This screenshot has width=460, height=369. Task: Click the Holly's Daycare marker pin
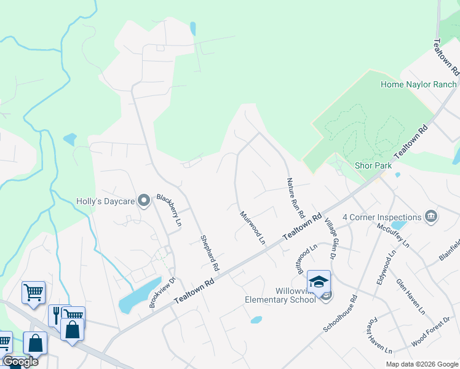coord(145,201)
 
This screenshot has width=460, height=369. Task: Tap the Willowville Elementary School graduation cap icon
coord(319,282)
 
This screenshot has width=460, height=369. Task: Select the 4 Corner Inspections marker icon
coord(431,216)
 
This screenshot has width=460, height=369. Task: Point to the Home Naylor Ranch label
coord(418,84)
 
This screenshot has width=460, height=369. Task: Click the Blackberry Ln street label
coord(169,211)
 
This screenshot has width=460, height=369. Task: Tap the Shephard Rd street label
coord(210,253)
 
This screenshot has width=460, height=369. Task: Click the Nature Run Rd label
coord(296,199)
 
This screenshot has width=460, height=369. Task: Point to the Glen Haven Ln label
coord(411,296)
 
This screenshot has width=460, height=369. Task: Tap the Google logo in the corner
coord(20,362)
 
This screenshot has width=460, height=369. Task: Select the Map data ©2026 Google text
coord(422,364)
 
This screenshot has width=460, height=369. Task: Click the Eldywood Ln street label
coord(386,269)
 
